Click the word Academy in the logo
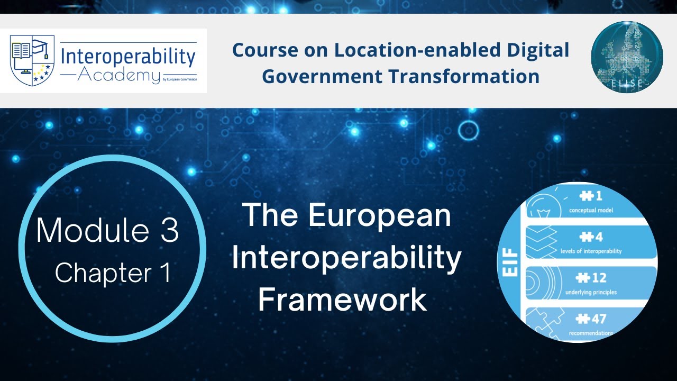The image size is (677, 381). [118, 75]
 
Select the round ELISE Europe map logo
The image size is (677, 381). [627, 58]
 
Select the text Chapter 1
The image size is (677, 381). [113, 273]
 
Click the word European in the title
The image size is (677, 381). [379, 216]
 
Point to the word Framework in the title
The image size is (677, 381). [342, 299]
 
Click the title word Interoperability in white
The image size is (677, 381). [346, 258]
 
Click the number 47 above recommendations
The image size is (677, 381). [591, 319]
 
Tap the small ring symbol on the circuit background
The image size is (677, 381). [468, 130]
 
